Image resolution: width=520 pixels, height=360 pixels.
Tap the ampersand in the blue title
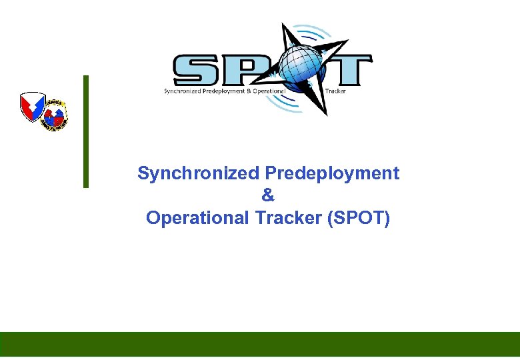click(268, 196)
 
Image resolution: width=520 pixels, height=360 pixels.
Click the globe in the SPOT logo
click(301, 67)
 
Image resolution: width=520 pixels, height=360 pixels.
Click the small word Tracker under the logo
click(335, 91)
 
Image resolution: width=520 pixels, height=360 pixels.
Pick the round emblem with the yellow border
click(55, 114)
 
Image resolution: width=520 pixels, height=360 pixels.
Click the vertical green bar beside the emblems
click(85, 131)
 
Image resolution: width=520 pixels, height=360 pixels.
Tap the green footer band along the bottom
click(260, 344)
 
